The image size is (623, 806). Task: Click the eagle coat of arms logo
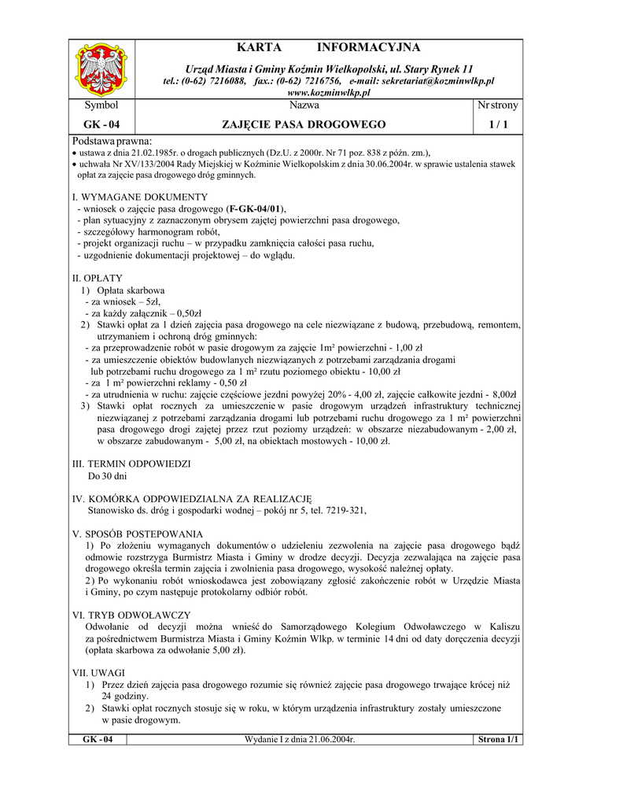tap(101, 69)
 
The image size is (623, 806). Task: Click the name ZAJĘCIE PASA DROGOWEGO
tap(304, 124)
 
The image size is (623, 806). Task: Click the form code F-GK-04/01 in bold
tap(255, 209)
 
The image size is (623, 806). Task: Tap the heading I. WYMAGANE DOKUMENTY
tap(139, 197)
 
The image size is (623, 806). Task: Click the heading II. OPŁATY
tap(97, 279)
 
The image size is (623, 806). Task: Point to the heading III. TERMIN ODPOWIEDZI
tap(131, 464)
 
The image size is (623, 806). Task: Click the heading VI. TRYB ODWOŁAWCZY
tap(131, 616)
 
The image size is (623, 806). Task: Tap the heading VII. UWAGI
tap(98, 674)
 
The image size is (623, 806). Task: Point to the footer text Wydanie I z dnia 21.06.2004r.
tap(300, 740)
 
